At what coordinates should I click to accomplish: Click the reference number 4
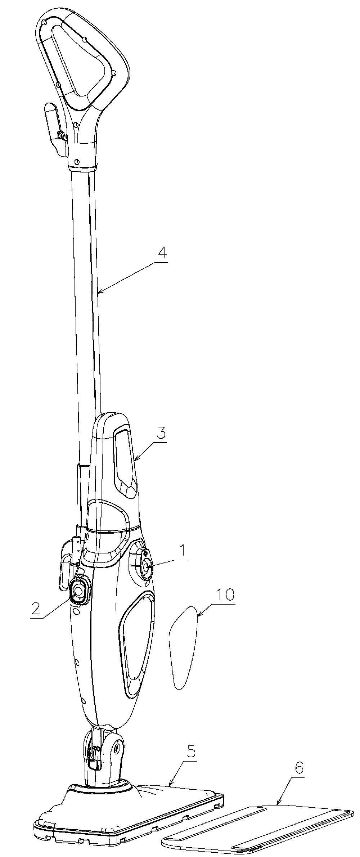pyautogui.click(x=162, y=253)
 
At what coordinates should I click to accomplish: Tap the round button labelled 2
pyautogui.click(x=78, y=590)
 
